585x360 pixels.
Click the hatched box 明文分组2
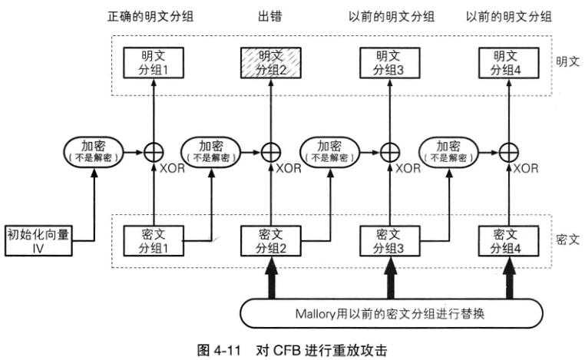(x=269, y=61)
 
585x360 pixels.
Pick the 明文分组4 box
(x=507, y=61)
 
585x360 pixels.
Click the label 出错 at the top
(x=269, y=17)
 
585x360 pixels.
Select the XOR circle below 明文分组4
(x=507, y=151)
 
